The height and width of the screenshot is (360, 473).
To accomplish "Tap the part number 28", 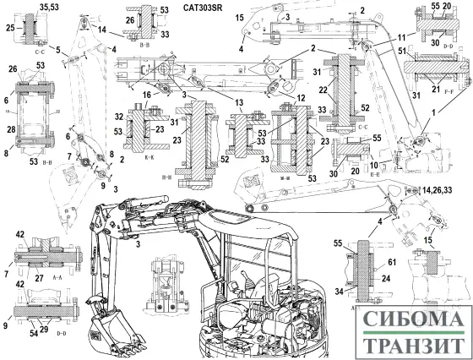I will [9, 128].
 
